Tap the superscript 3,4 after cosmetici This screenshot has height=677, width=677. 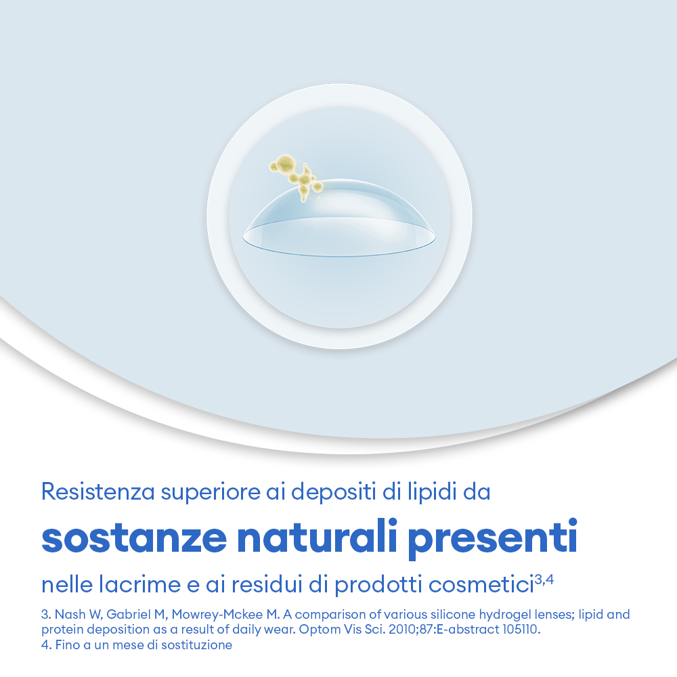click(x=544, y=578)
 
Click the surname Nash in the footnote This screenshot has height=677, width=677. click(x=68, y=615)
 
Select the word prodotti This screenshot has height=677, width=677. click(x=371, y=584)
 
